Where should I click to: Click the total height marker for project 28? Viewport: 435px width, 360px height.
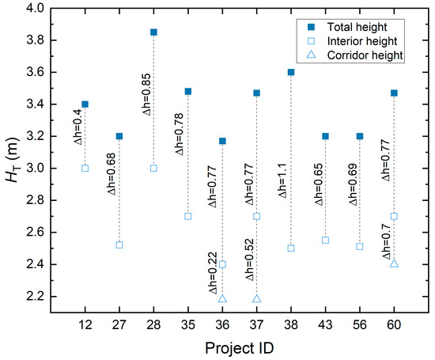(x=153, y=32)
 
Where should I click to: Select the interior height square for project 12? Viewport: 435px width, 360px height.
(x=85, y=168)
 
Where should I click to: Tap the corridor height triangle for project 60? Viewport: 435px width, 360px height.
(x=394, y=263)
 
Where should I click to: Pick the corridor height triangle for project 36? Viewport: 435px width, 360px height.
(x=222, y=299)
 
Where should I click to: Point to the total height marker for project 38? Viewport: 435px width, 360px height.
(x=291, y=72)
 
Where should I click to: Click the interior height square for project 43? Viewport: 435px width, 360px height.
(x=325, y=240)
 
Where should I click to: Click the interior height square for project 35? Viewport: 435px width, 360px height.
(x=188, y=216)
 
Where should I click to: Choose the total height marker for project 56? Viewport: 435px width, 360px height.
(x=360, y=136)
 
